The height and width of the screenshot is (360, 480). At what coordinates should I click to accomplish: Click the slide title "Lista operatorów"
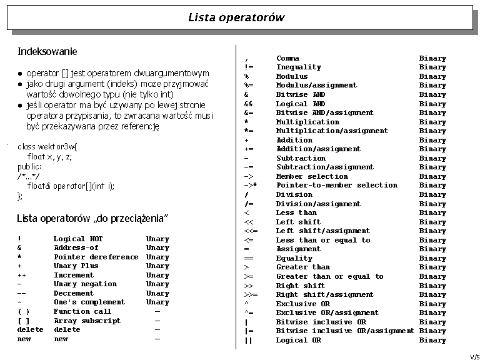pyautogui.click(x=236, y=17)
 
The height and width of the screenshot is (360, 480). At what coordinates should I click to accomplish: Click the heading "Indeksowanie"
pyautogui.click(x=47, y=51)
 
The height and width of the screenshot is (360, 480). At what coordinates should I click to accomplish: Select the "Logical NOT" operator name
pyautogui.click(x=78, y=239)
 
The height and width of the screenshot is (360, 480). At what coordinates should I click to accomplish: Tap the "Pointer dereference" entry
pyautogui.click(x=96, y=257)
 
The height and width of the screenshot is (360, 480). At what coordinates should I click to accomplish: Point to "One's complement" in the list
pyautogui.click(x=89, y=302)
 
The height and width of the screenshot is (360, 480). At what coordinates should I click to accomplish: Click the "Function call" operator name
pyautogui.click(x=82, y=311)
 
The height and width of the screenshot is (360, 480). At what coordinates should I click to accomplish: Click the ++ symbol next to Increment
pyautogui.click(x=21, y=275)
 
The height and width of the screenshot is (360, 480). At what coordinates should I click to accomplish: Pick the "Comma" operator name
pyautogui.click(x=287, y=58)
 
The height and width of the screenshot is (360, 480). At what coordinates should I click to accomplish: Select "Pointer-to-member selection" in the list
pyautogui.click(x=336, y=186)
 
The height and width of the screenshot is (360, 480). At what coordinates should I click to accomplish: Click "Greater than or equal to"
pyautogui.click(x=329, y=276)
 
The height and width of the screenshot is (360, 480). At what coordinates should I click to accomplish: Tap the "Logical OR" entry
pyautogui.click(x=298, y=340)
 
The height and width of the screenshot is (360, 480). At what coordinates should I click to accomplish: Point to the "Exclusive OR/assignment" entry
pyautogui.click(x=327, y=312)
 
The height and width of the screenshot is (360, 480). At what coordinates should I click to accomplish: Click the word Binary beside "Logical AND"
pyautogui.click(x=432, y=104)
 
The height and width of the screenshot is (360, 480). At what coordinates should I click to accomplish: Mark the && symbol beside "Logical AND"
pyautogui.click(x=248, y=104)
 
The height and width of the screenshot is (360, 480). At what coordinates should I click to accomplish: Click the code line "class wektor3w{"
pyautogui.click(x=47, y=146)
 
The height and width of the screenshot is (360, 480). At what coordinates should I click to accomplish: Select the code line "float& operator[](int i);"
pyautogui.click(x=71, y=186)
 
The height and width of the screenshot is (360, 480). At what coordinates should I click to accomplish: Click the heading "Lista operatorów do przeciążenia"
pyautogui.click(x=94, y=218)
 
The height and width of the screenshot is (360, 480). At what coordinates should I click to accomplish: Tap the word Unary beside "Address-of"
pyautogui.click(x=157, y=248)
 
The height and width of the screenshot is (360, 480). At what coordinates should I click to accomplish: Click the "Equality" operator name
pyautogui.click(x=294, y=258)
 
